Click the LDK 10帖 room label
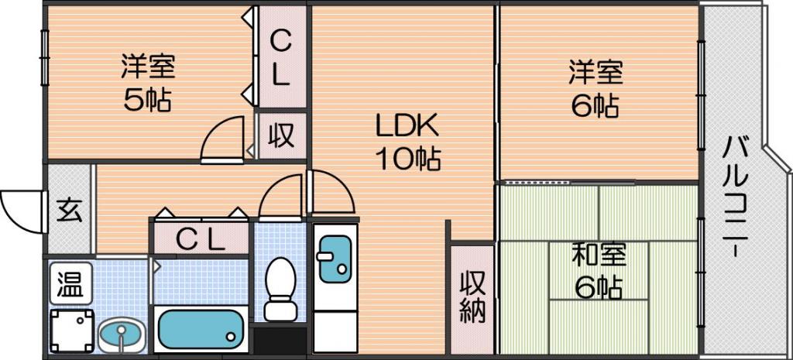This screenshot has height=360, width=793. [407, 143]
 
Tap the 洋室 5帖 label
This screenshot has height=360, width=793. [148, 84]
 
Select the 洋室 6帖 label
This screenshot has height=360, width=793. [596, 89]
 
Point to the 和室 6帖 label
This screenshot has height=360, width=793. [599, 272]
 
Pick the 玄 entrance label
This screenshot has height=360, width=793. [69, 211]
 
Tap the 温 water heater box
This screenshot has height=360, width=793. [70, 283]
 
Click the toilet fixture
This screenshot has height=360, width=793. [280, 289]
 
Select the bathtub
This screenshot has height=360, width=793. [201, 329]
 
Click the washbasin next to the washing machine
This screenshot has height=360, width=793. [121, 335]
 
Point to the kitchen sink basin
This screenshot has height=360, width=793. [335, 259]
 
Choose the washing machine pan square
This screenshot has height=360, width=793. [72, 331]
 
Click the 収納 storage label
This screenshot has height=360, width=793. [473, 298]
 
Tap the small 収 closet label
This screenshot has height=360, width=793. [281, 135]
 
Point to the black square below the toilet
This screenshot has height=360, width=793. [279, 341]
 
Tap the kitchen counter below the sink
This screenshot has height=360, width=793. [335, 331]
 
